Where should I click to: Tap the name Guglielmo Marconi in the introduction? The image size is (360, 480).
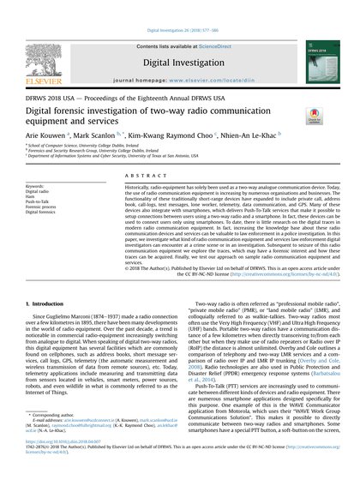click(x=72, y=293)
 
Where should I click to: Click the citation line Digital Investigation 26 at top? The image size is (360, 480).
click(x=180, y=6)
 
